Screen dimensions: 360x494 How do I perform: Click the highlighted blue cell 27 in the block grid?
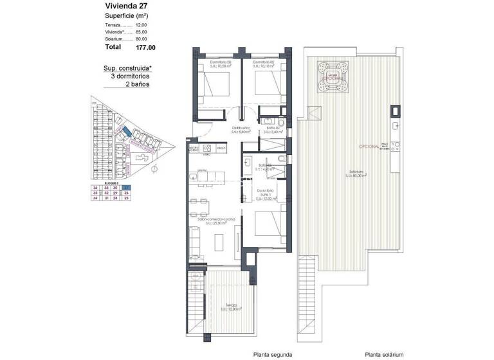127,186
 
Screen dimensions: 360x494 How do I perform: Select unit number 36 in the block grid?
95,186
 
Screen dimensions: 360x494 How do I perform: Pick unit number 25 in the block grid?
127,198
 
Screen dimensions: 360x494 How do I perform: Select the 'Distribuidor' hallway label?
241,129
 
